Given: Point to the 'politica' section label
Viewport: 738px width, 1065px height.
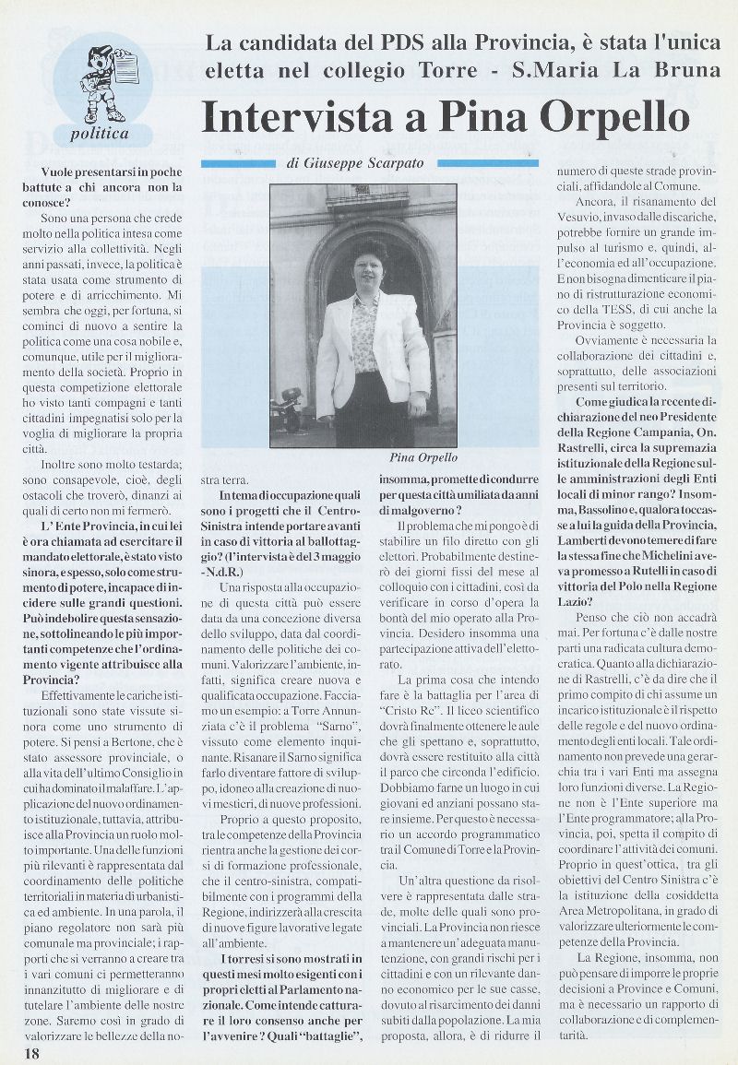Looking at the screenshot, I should [x=101, y=134].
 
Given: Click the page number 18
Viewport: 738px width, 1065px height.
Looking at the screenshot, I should [x=19, y=1053].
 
